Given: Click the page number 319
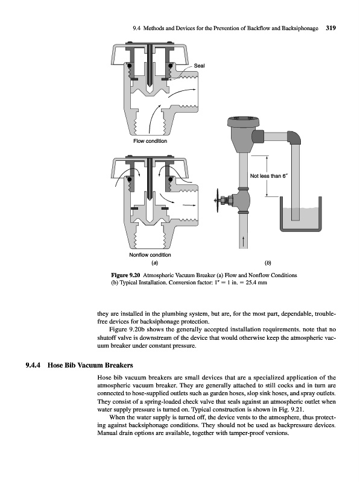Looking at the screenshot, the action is click(x=331, y=28).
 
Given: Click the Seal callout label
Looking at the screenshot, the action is click(x=199, y=66).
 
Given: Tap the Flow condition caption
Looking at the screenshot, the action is click(x=150, y=141).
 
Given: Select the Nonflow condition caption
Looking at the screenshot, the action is click(x=150, y=255).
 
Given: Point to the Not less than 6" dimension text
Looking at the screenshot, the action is click(x=268, y=176).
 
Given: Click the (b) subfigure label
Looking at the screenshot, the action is click(x=268, y=263).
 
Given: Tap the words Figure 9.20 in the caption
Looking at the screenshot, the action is click(x=125, y=275).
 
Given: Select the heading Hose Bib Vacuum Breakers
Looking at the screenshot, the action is click(x=90, y=365).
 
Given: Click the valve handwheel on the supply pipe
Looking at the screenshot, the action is click(x=218, y=201).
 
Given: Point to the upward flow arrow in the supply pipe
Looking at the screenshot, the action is click(x=244, y=242).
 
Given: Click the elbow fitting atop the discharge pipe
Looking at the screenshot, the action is click(x=294, y=137).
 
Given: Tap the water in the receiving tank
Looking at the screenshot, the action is click(x=301, y=218).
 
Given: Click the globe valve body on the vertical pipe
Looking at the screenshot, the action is click(x=241, y=201).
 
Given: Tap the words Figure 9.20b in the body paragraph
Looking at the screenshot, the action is click(x=127, y=330).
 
